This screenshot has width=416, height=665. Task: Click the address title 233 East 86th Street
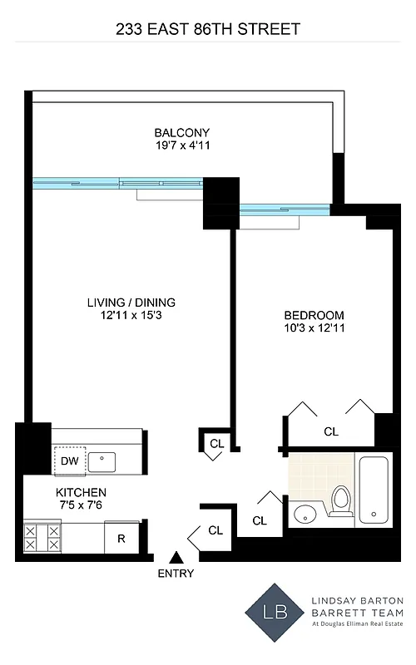point(207,29)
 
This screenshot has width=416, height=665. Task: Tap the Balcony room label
point(181,133)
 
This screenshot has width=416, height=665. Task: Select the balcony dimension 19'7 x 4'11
point(181,146)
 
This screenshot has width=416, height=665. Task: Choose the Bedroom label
point(314,315)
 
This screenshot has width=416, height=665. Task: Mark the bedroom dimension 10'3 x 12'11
point(314,329)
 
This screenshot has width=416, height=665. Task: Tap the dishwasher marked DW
point(67,460)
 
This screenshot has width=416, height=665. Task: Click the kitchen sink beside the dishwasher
point(104,459)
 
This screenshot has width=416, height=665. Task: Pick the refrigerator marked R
point(121,539)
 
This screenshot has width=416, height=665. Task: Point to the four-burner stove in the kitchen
point(42,537)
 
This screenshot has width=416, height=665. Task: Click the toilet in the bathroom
point(340,501)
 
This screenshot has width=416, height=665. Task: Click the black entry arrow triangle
point(175,557)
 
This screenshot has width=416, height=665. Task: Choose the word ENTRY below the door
point(175,574)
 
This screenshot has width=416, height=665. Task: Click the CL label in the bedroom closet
point(331,431)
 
